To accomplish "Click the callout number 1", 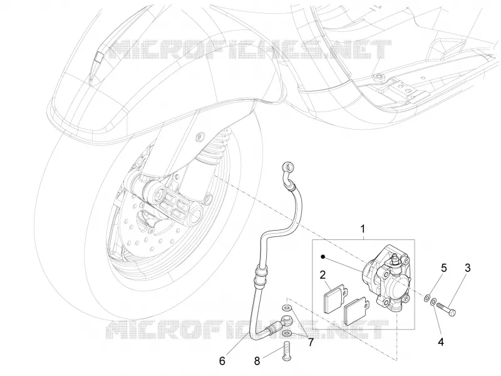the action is (x=363, y=229).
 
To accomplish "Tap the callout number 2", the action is (x=323, y=274).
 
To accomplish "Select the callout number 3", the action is (x=467, y=268).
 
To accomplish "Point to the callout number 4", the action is (x=441, y=342).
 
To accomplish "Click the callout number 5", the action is (x=444, y=268).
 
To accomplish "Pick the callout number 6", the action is (x=222, y=361).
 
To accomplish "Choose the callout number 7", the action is (x=311, y=342).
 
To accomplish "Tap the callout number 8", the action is (x=257, y=362).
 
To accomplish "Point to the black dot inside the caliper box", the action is (x=323, y=256).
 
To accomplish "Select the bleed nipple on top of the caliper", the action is (x=395, y=258).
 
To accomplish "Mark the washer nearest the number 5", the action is (x=427, y=298).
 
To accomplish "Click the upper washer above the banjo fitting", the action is (x=287, y=308).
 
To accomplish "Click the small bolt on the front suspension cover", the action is (x=200, y=137).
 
